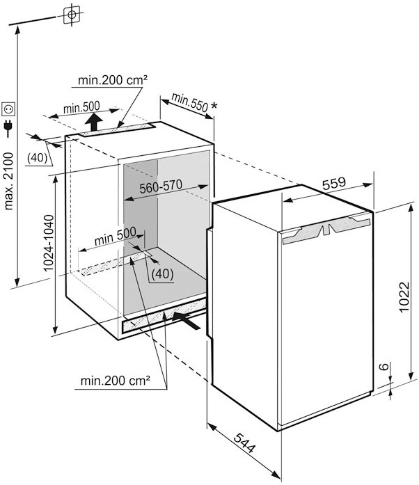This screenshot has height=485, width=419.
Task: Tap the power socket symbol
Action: click(x=9, y=109)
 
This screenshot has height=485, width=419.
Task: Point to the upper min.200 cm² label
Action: click(x=112, y=81)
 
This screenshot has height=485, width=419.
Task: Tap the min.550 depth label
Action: click(x=189, y=102)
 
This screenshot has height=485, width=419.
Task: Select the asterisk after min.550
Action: click(x=214, y=105)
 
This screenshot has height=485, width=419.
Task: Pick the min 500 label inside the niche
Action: click(x=115, y=237)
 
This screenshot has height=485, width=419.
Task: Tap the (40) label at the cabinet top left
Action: click(x=38, y=157)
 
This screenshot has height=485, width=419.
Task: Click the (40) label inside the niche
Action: click(x=161, y=272)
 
